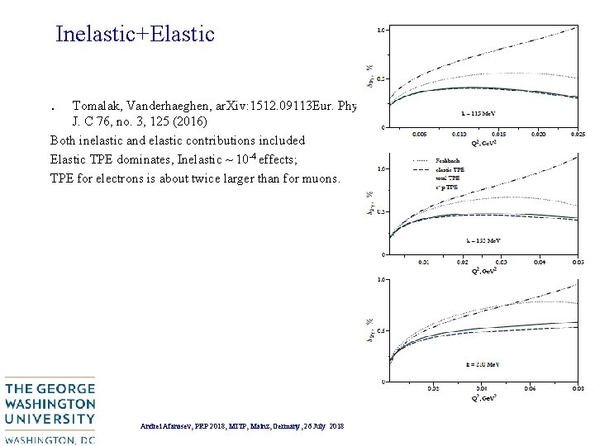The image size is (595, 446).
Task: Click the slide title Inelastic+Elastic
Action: (135, 34)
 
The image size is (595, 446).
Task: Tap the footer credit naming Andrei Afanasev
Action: (242, 425)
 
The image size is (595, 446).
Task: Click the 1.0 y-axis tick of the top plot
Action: (380, 30)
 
